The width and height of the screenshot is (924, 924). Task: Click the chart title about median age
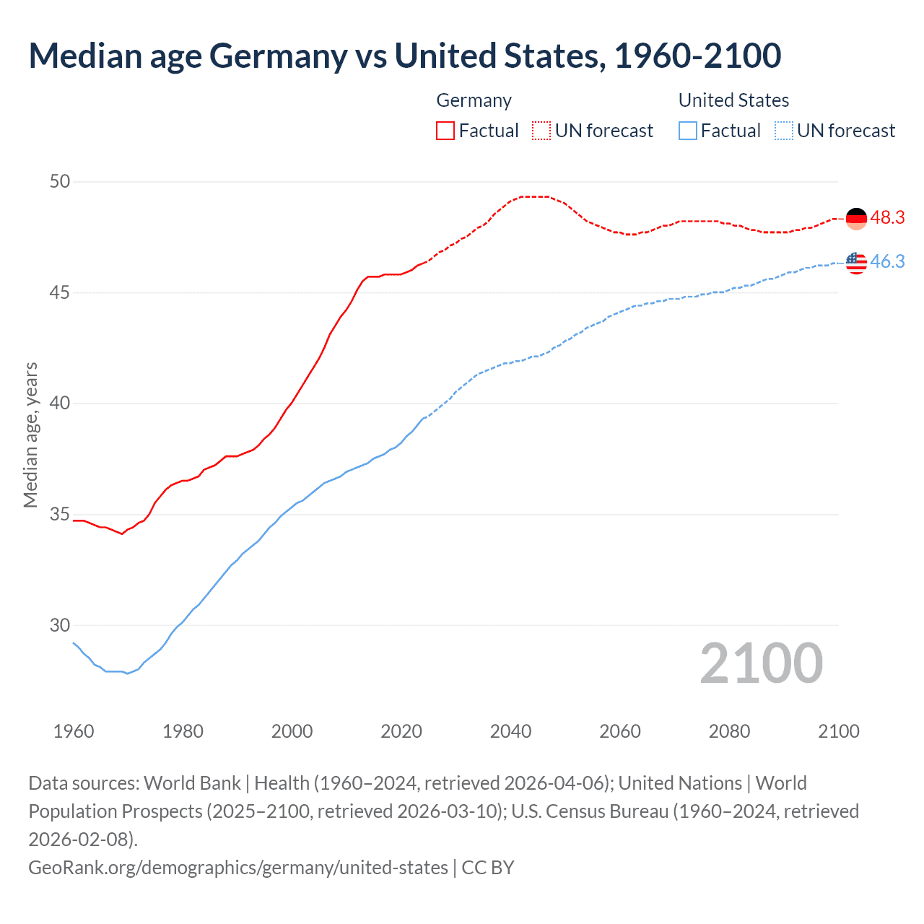[x=404, y=56]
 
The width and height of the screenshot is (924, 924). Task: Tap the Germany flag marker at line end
[x=856, y=218]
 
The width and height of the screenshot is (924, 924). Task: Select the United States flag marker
[x=856, y=263]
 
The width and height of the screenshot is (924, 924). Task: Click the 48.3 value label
[x=887, y=218]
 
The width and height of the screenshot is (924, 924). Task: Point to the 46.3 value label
[x=887, y=262]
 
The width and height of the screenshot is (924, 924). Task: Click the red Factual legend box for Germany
[x=445, y=131]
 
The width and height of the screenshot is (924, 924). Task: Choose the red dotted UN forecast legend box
[x=541, y=131]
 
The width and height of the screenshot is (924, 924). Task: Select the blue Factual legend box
[x=688, y=131]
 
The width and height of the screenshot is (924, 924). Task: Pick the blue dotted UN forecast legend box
[x=783, y=131]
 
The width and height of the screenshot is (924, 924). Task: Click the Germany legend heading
[x=474, y=100]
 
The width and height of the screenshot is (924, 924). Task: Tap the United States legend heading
[x=733, y=100]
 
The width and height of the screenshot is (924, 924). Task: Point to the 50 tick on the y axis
[x=60, y=181]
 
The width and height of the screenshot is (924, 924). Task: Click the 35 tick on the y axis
[x=60, y=515]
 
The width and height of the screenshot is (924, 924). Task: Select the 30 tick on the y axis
[x=60, y=626]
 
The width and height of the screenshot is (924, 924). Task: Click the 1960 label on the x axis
[x=74, y=731]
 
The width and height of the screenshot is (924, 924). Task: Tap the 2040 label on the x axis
[x=510, y=731]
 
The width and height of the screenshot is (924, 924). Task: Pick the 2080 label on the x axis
[x=729, y=731]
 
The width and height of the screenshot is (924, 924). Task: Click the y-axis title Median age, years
[x=30, y=435]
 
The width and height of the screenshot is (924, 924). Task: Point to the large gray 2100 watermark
[x=761, y=663]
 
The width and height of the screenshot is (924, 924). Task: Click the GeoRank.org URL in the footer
[x=238, y=867]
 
